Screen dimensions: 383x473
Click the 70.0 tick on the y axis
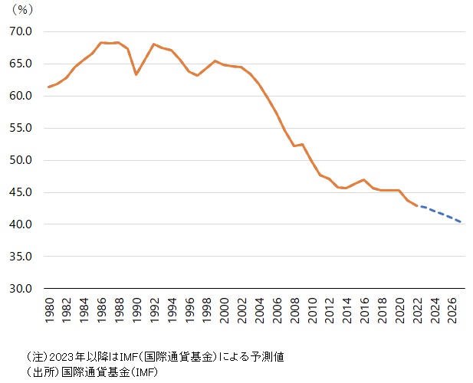pyautogui.click(x=21, y=32)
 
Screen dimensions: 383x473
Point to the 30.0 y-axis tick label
pyautogui.click(x=21, y=290)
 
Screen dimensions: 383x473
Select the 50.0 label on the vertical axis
pyautogui.click(x=21, y=161)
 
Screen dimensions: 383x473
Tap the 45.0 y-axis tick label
pyautogui.click(x=21, y=193)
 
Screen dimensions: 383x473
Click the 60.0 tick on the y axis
pyautogui.click(x=21, y=97)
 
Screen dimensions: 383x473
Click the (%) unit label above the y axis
pyautogui.click(x=22, y=11)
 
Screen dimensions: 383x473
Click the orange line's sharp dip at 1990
pyautogui.click(x=136, y=74)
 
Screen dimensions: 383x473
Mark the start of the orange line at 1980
pyautogui.click(x=48, y=87)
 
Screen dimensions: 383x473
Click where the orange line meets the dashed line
pyautogui.click(x=417, y=206)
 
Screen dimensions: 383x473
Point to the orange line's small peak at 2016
pyautogui.click(x=364, y=180)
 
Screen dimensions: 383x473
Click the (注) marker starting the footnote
pyautogui.click(x=37, y=356)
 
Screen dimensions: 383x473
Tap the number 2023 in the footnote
pyautogui.click(x=63, y=356)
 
